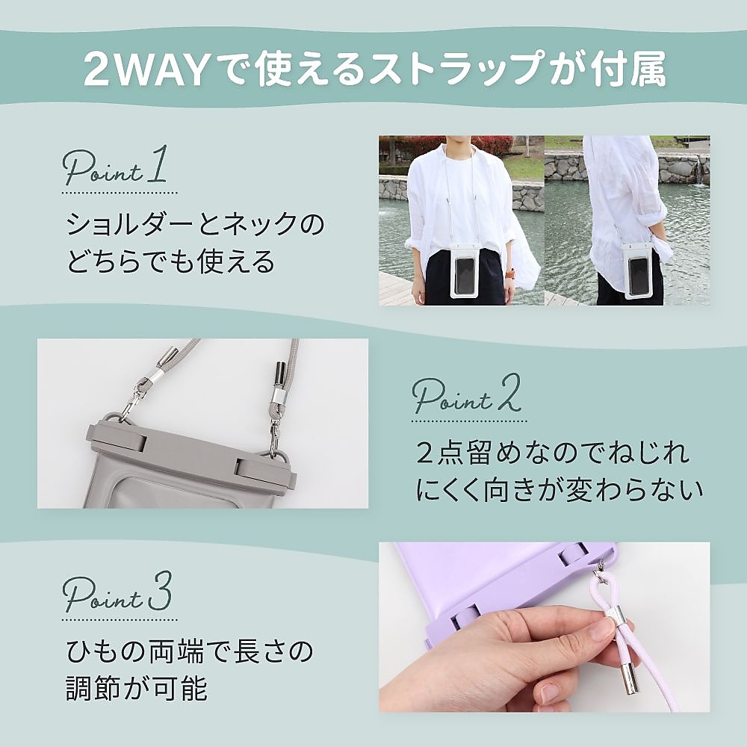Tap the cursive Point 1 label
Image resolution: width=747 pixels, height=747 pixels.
117,171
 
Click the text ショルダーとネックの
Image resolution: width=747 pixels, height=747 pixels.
196,223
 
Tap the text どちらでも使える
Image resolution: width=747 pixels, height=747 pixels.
171,262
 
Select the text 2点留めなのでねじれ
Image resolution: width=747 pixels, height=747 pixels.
553,453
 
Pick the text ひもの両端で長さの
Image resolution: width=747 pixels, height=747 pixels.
187,652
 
